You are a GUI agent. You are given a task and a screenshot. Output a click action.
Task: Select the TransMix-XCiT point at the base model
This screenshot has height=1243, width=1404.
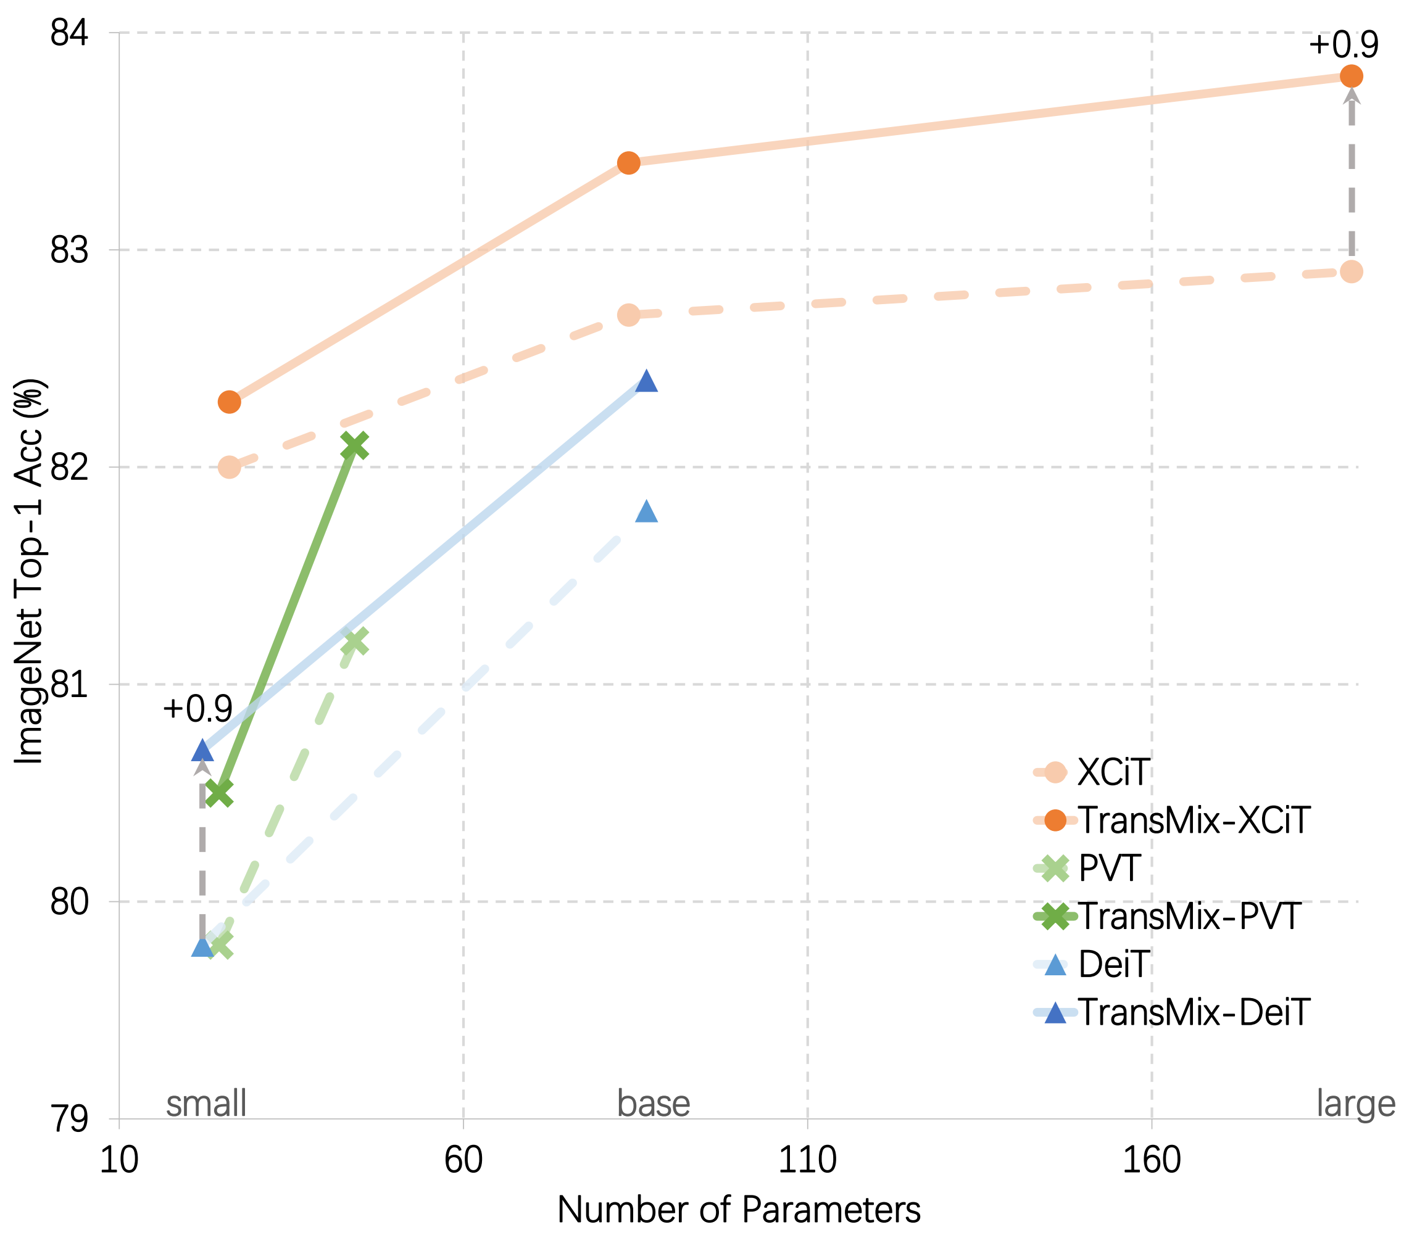click(x=628, y=163)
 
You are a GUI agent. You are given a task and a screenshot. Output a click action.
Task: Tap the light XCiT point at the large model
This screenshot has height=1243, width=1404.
click(x=1350, y=272)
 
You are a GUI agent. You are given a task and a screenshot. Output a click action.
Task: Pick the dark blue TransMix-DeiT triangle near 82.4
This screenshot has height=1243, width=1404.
click(x=646, y=381)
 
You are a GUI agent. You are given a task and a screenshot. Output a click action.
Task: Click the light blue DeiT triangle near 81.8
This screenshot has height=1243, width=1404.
click(x=646, y=511)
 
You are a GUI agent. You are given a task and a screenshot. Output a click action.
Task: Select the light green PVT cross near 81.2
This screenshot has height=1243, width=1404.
click(x=354, y=642)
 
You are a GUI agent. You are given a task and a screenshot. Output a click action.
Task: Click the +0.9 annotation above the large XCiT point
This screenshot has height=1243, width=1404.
click(x=1343, y=45)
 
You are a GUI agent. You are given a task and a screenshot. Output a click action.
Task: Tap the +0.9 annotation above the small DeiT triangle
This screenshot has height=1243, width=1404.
click(x=197, y=709)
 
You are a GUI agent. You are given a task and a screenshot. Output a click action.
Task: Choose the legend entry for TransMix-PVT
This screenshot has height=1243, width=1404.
click(x=1189, y=916)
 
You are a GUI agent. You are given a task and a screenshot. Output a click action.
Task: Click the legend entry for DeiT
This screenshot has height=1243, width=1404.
click(x=1113, y=964)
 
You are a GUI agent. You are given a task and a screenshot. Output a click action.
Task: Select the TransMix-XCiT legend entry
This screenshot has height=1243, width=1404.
click(x=1194, y=820)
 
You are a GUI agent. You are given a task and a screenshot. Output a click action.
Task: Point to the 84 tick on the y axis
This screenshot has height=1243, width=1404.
click(x=69, y=32)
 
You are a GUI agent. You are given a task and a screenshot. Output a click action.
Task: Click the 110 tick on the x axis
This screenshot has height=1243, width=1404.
click(x=807, y=1160)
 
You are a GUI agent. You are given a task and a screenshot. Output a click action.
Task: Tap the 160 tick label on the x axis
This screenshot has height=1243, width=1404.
click(x=1151, y=1160)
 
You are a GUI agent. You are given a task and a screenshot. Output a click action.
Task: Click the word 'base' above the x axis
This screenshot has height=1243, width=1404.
click(x=653, y=1104)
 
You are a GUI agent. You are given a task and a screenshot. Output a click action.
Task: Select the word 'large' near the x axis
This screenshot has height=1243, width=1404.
click(x=1355, y=1105)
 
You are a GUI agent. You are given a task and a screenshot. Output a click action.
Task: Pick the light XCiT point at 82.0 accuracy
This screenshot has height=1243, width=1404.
click(x=229, y=467)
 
